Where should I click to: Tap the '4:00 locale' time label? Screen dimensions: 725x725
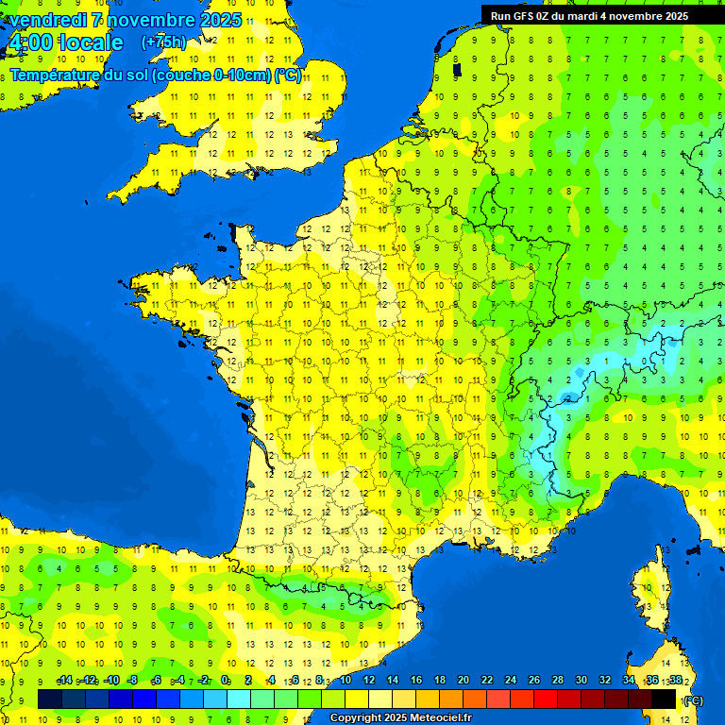tap(65, 42)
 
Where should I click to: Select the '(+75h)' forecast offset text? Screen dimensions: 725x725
tap(163, 42)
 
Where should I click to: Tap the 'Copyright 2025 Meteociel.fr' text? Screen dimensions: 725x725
tap(400, 718)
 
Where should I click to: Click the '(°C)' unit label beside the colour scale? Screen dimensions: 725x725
tap(693, 700)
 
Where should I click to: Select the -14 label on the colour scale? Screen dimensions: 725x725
tap(65, 681)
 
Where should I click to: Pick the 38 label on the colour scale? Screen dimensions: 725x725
tap(676, 681)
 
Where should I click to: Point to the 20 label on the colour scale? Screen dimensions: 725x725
tap(464, 681)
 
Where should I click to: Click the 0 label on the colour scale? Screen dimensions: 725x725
tap(225, 681)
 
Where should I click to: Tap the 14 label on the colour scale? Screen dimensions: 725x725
tap(393, 681)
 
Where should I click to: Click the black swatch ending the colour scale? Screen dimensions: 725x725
tap(665, 699)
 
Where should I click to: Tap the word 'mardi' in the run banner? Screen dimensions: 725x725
tap(583, 15)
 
